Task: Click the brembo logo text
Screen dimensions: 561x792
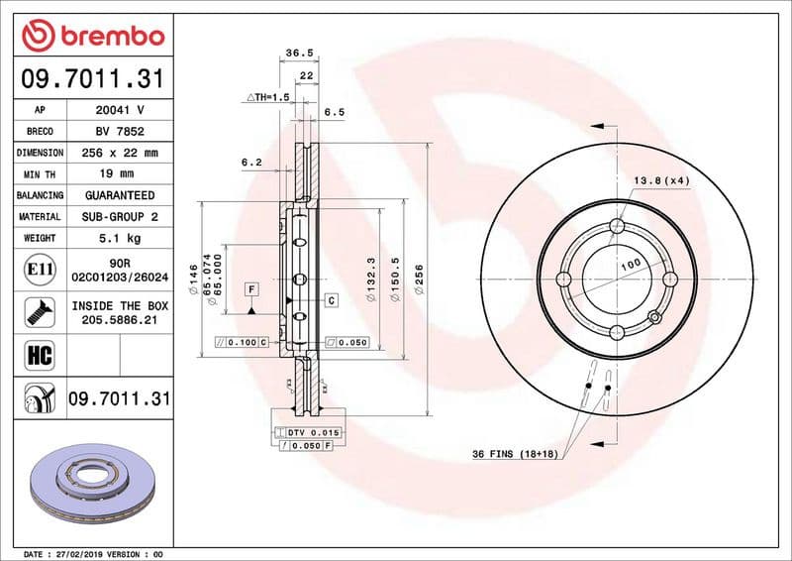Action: coord(107,36)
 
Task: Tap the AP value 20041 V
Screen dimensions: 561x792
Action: coord(119,110)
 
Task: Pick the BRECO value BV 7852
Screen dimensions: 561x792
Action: coord(119,131)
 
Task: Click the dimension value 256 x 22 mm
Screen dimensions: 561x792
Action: coord(119,153)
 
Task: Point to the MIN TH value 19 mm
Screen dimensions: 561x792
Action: coord(119,174)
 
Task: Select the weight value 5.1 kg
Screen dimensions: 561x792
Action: coord(119,238)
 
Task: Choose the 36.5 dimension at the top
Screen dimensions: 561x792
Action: coord(293,53)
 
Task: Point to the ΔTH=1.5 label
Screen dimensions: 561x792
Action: coord(267,98)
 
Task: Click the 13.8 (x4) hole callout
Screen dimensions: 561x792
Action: coord(661,180)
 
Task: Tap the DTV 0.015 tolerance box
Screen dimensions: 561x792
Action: coord(313,433)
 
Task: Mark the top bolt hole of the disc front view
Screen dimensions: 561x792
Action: coord(618,227)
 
